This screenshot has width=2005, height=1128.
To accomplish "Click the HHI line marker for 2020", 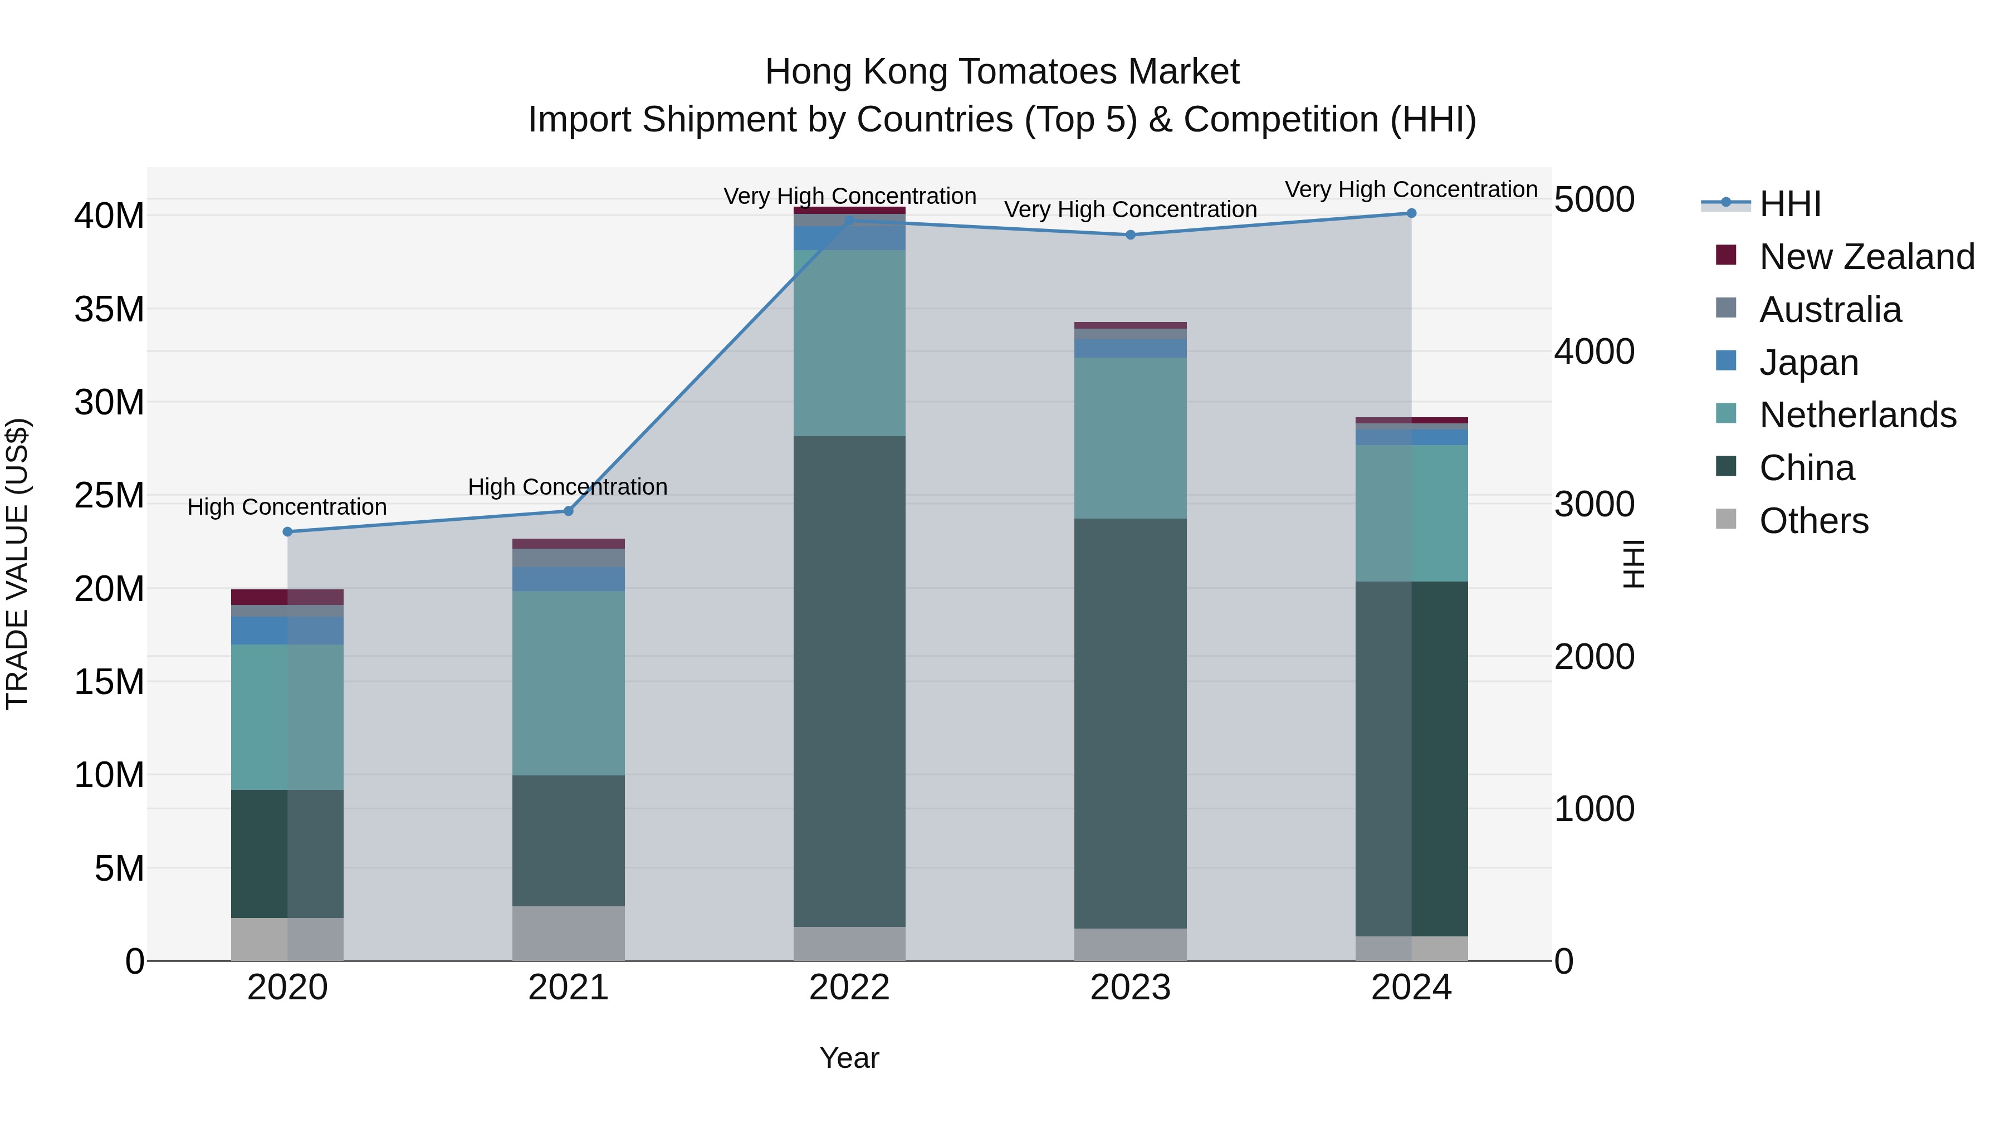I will pos(287,532).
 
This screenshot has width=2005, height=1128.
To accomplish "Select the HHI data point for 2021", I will pos(568,511).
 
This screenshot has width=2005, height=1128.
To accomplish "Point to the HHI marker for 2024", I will pos(1411,213).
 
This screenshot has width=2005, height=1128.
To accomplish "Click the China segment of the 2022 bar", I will pos(849,681).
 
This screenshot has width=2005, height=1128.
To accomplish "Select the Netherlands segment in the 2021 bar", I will pos(568,683).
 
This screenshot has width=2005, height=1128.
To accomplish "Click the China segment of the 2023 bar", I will pos(1130,723).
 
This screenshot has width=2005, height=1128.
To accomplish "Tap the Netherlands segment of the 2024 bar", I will pos(1411,513).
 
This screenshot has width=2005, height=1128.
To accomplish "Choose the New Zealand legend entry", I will pos(1866,257).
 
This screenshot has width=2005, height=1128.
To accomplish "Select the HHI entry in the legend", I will pos(1790,204).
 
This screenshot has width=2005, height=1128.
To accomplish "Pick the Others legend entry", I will pos(1813,521).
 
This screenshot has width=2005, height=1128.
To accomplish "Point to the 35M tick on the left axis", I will pos(109,310).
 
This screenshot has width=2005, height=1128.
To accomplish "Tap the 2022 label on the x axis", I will pos(849,988).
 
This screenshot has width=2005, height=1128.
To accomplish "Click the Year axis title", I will pos(849,1058).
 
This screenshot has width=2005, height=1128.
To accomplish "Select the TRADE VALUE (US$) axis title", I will pos(17,564).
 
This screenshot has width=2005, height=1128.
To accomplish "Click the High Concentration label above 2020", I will pos(287,507).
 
